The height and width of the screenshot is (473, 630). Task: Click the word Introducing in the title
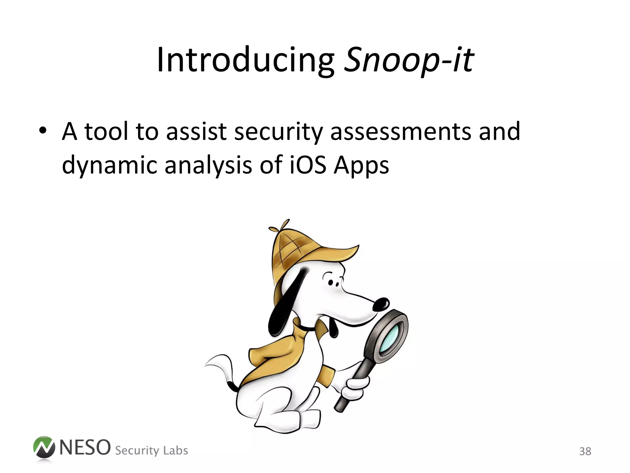click(x=245, y=60)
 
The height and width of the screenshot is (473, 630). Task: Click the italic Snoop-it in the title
click(x=409, y=60)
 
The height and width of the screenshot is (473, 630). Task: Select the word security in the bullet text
click(x=278, y=132)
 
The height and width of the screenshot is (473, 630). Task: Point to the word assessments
click(x=401, y=132)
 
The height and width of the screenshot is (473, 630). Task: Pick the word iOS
click(x=308, y=165)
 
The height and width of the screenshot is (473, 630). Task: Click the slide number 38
click(x=585, y=451)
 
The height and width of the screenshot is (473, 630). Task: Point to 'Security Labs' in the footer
click(x=151, y=450)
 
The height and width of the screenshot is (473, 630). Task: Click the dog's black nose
click(x=381, y=304)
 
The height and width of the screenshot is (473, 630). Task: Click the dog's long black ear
click(x=285, y=305)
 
